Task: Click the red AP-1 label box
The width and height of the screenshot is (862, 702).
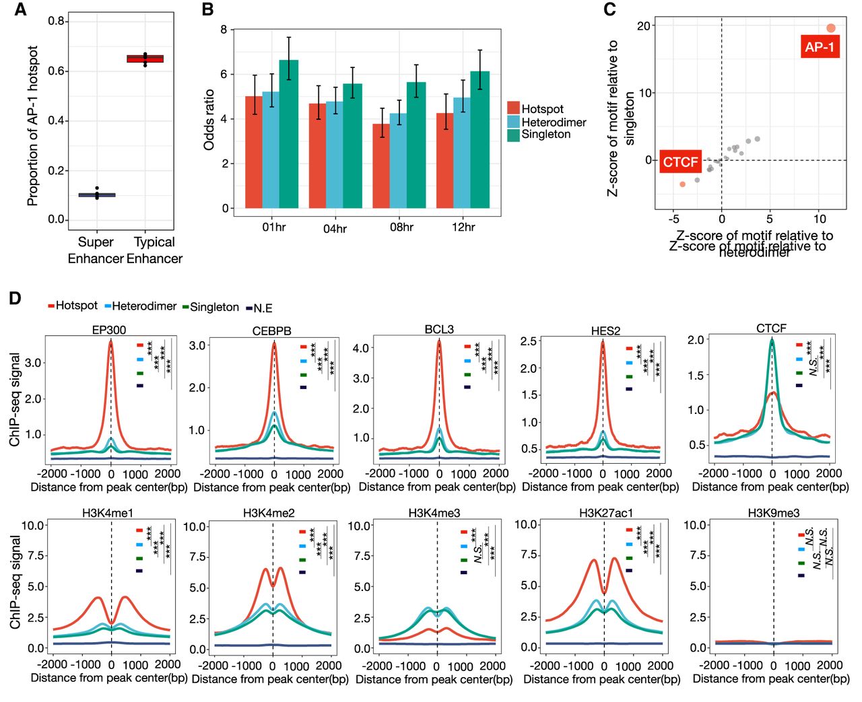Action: [820, 46]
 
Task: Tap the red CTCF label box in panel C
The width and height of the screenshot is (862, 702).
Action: [680, 162]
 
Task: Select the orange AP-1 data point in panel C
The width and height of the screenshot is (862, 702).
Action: [831, 28]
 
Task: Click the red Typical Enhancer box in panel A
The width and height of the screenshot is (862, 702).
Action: [145, 59]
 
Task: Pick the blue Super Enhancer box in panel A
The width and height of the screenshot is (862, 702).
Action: [97, 195]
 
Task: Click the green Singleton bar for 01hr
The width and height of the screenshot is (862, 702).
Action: [289, 135]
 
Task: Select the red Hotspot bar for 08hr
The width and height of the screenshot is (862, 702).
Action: [381, 166]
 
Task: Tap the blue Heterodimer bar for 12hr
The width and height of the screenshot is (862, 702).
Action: [462, 153]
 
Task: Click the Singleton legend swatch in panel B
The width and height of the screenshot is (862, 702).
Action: [513, 135]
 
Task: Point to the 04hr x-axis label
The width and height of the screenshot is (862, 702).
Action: [335, 229]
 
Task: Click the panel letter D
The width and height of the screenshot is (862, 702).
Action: [15, 298]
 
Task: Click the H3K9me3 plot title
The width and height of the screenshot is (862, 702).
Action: [773, 513]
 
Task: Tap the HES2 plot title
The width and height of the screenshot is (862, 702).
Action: [605, 330]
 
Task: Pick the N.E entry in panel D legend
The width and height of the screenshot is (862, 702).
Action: [259, 308]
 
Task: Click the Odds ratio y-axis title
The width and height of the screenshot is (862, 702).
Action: [209, 119]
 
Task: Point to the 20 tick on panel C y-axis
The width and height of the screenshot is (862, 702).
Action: [644, 26]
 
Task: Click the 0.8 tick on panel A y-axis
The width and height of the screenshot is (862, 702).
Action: [56, 22]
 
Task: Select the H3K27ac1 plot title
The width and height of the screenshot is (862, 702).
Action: [605, 513]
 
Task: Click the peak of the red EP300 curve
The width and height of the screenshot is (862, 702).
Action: [111, 342]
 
